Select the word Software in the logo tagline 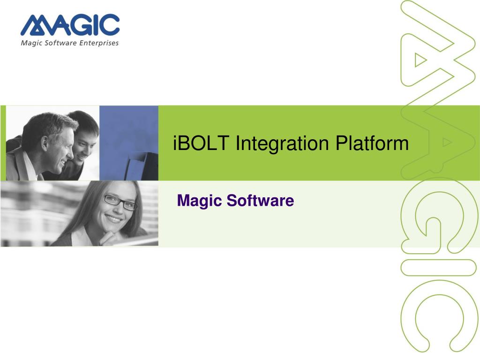61,43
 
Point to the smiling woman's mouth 115,219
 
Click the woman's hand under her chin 112,237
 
